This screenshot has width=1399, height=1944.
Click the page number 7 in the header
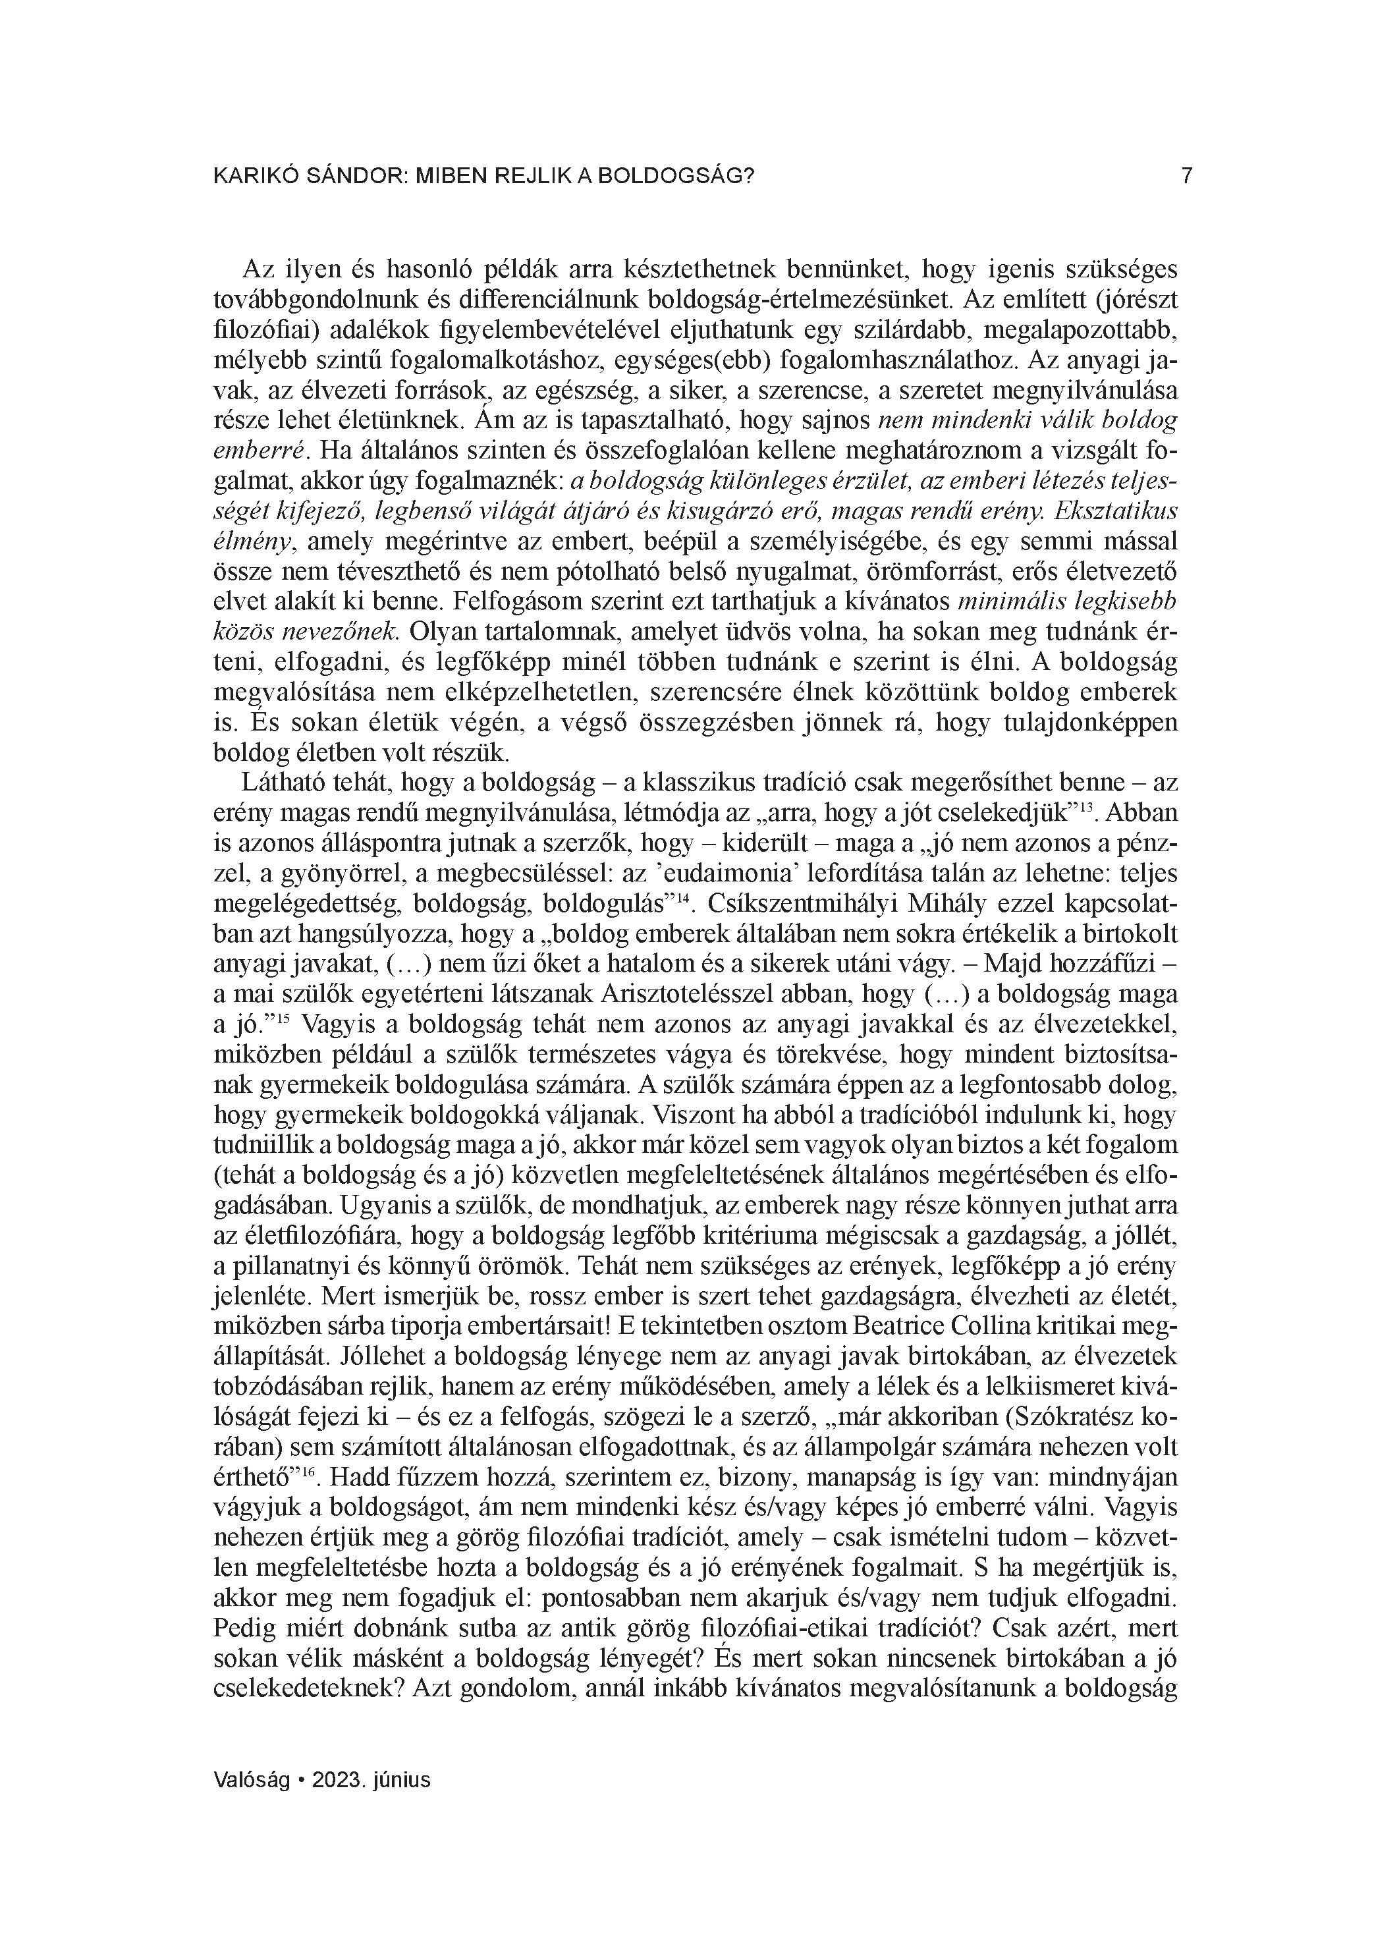point(1186,176)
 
